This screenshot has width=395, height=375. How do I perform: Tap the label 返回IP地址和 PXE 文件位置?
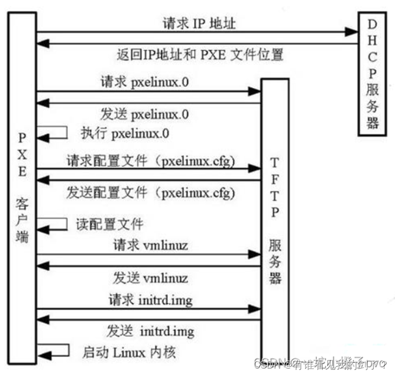coord(200,54)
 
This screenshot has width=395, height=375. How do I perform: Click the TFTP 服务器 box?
coord(275,216)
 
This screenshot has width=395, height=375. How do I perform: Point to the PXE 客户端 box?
coord(22,189)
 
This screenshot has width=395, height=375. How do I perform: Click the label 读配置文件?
coord(109,224)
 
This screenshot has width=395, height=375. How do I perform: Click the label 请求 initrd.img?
coord(150,299)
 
